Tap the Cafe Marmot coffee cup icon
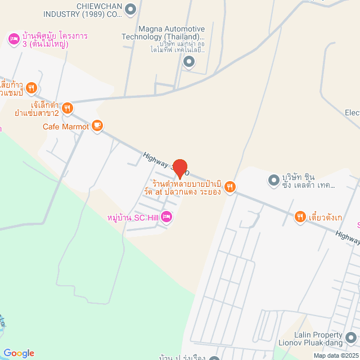[97, 126]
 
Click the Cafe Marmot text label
[66, 127]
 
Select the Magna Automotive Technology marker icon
[189, 62]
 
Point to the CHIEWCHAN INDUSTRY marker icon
[131, 9]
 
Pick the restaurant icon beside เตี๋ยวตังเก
[300, 216]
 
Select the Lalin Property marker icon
[351, 337]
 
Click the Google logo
[19, 353]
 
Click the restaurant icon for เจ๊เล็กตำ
[67, 107]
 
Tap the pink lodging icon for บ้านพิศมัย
[13, 39]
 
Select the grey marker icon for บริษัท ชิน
[273, 180]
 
